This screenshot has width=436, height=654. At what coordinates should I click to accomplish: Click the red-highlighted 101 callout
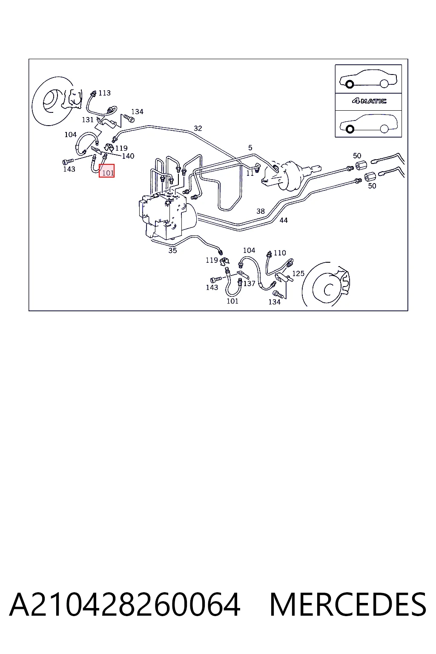click(106, 171)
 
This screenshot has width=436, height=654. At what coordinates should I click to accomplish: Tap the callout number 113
click(105, 93)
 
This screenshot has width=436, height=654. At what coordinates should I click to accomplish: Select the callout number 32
click(198, 128)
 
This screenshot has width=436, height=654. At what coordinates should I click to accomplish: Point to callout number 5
click(250, 148)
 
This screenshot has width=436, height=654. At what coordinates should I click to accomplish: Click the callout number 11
click(250, 173)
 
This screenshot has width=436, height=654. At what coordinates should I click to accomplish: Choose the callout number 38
click(261, 211)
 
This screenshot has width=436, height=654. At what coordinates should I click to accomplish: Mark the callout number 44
click(284, 220)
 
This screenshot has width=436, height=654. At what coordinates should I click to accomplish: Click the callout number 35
click(172, 250)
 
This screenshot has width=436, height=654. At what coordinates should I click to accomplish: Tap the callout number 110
click(280, 253)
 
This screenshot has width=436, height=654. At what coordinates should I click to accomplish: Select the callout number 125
click(298, 274)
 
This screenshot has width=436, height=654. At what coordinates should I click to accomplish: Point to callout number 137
click(249, 284)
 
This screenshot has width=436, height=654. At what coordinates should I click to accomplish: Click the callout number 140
click(128, 156)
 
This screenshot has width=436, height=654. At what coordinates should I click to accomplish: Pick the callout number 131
click(88, 120)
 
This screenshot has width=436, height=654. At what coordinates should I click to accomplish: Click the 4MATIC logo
click(369, 101)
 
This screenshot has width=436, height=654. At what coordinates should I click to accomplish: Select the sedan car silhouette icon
click(368, 79)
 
